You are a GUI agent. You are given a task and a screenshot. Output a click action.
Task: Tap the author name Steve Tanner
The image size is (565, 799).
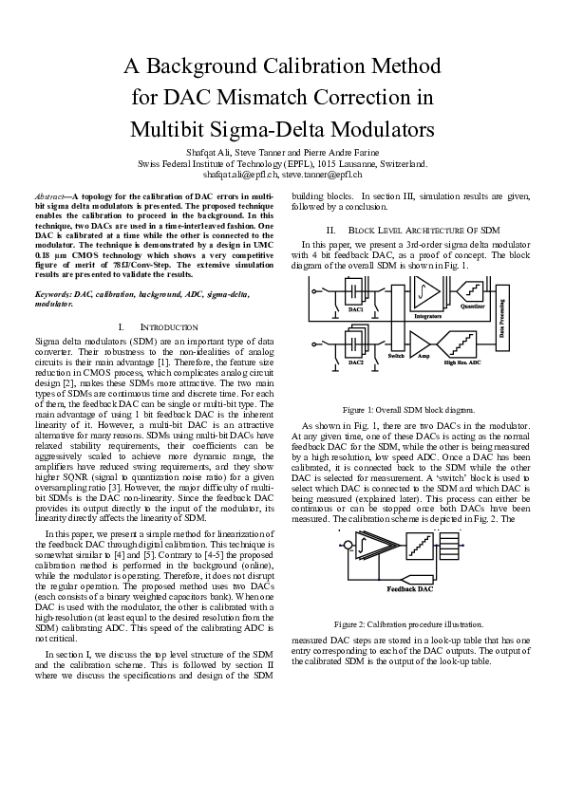click(x=261, y=152)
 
